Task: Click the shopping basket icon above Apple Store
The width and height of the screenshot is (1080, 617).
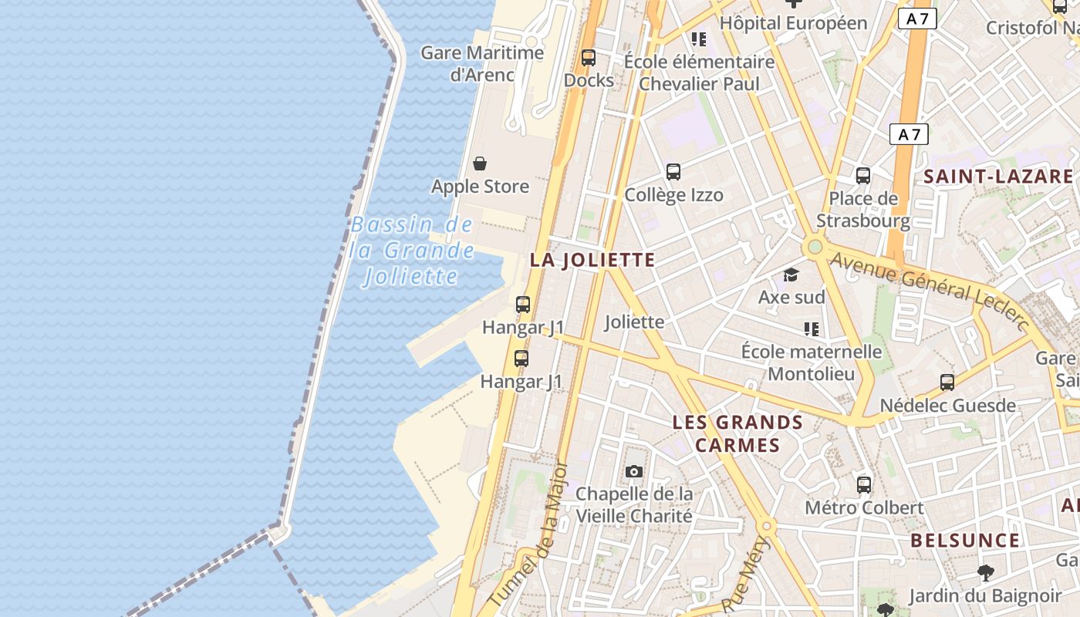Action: (x=480, y=164)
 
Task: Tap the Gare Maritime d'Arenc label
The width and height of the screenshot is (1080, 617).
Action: (x=482, y=64)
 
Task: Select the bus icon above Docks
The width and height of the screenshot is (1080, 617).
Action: (x=589, y=57)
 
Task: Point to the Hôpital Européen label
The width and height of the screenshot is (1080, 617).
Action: (x=793, y=23)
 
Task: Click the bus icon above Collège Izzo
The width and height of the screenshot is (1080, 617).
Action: (x=673, y=172)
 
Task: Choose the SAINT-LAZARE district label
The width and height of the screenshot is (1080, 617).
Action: (x=998, y=177)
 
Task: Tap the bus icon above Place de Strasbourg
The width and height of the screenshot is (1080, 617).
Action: (x=863, y=176)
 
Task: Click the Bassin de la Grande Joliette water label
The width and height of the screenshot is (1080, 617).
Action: (x=410, y=251)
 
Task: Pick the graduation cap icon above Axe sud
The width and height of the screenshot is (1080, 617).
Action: (x=791, y=275)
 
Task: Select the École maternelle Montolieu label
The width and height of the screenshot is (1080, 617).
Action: (x=811, y=362)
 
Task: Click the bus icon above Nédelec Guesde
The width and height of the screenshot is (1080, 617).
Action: (x=947, y=382)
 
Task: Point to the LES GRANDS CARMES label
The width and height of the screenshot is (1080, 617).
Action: (x=737, y=433)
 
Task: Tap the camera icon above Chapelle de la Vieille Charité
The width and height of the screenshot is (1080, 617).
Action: (x=634, y=471)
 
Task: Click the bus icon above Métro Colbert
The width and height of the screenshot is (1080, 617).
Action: (x=864, y=485)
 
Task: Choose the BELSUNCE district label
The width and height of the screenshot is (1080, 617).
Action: (x=965, y=541)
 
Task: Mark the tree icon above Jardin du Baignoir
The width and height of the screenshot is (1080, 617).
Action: (x=985, y=573)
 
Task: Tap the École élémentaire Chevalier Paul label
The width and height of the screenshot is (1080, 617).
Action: (x=699, y=72)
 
